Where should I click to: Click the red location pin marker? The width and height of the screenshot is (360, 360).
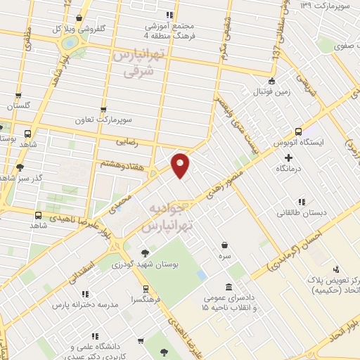[181, 165]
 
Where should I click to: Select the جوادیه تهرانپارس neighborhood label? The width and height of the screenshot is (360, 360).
[169, 217]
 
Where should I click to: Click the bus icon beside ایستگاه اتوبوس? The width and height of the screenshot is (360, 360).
[298, 131]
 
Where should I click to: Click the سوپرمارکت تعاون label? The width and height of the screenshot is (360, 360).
[105, 120]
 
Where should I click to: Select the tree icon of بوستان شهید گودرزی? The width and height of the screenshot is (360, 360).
[145, 252]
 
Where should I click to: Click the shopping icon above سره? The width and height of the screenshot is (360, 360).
[224, 245]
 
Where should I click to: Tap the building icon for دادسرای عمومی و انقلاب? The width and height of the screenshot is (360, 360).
[230, 287]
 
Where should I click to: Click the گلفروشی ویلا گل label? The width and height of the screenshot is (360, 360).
[79, 29]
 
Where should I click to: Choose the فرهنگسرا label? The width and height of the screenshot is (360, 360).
[144, 299]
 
